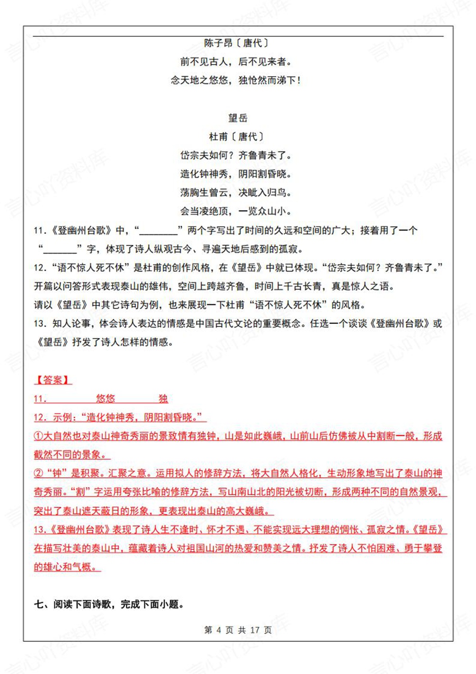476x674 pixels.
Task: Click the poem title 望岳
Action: coord(238,118)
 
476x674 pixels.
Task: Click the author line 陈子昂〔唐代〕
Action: coord(237,43)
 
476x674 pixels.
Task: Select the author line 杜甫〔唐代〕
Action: coord(237,137)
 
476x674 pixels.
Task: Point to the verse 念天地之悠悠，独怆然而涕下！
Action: coord(236,80)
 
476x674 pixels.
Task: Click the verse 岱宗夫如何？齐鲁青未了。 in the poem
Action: coord(236,155)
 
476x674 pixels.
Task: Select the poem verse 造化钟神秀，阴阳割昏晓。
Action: coord(236,174)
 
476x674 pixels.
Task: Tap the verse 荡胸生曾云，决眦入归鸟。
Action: coord(236,192)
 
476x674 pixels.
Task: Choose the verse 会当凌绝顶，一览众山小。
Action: coord(236,211)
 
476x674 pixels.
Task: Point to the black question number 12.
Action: coord(40,268)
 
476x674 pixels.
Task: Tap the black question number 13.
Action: coord(40,323)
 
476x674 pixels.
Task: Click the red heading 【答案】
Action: coord(52,380)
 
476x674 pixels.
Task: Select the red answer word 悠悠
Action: coord(105,399)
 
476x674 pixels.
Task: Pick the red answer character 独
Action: coord(163,399)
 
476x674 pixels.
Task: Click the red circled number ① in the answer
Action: coord(38,436)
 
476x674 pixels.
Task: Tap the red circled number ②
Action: coord(38,473)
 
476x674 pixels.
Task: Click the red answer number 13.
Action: coord(40,529)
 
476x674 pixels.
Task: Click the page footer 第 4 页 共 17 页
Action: coord(238,630)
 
